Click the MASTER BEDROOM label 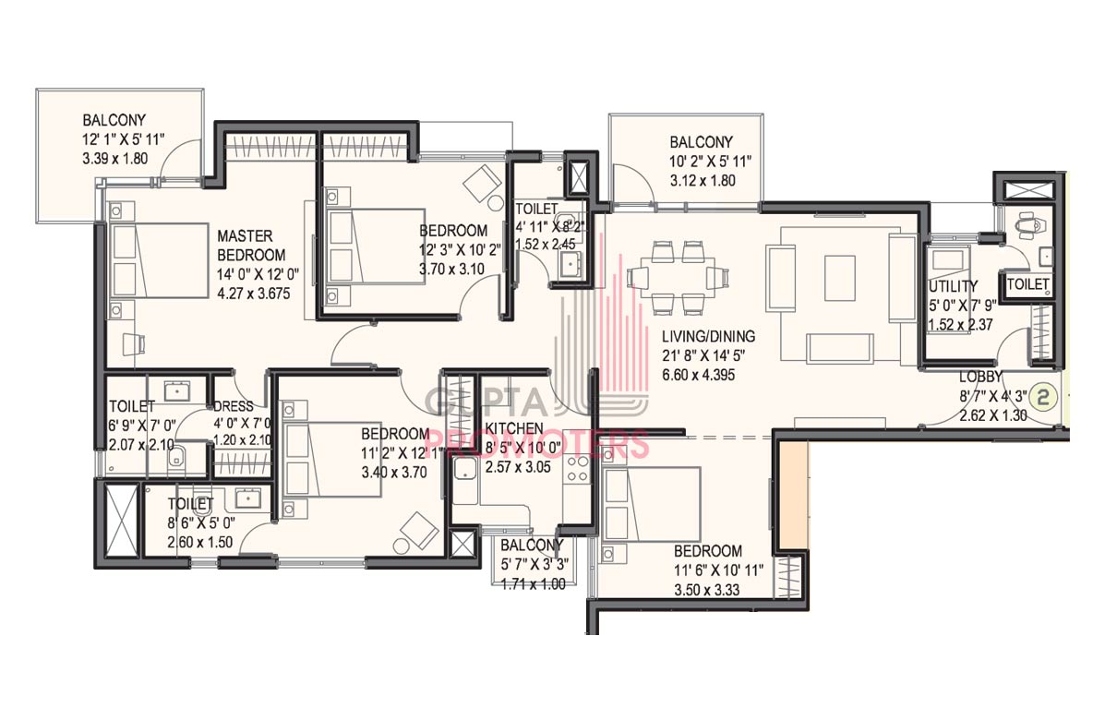coord(252,246)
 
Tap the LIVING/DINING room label coord(708,336)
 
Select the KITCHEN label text coord(514,428)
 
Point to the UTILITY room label coord(953,286)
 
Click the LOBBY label coord(980,377)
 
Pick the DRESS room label coord(234,406)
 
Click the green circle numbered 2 coord(1044,397)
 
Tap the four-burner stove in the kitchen coord(578,470)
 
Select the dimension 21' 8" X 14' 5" coord(703,355)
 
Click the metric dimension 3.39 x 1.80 coord(114,159)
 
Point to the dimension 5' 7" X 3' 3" coord(534,564)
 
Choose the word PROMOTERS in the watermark coord(537,445)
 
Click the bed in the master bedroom coord(158,260)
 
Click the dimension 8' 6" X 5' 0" coord(201,523)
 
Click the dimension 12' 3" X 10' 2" coord(460,249)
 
